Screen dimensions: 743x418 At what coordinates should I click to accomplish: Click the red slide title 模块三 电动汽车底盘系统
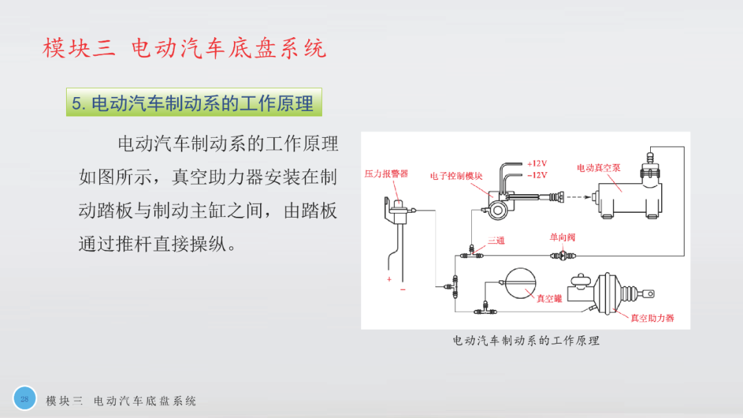184,48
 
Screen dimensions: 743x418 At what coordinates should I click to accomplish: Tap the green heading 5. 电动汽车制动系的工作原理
194,102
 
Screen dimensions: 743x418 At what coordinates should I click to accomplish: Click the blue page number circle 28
25,399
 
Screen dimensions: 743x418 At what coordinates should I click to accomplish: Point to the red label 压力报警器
386,174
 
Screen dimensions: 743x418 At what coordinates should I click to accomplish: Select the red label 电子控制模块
456,176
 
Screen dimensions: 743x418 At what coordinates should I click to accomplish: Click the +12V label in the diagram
537,164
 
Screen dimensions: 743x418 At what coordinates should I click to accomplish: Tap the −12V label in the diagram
537,175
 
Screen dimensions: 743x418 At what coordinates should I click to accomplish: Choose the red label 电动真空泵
599,168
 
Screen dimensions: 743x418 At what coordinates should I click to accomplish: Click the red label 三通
496,240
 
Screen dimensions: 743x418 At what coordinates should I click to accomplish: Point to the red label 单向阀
563,237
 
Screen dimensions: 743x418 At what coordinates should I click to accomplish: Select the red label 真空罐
549,298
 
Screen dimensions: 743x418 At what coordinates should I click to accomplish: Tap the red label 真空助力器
652,318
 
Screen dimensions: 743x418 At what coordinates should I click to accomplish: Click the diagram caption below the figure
526,341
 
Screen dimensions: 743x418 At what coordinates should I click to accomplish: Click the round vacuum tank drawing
520,283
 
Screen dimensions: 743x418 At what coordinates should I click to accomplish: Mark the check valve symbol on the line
563,255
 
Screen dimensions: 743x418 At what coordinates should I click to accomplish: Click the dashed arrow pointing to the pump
579,197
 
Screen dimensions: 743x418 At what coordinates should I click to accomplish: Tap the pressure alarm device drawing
399,211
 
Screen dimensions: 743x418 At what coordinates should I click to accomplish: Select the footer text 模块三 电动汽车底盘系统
121,401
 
